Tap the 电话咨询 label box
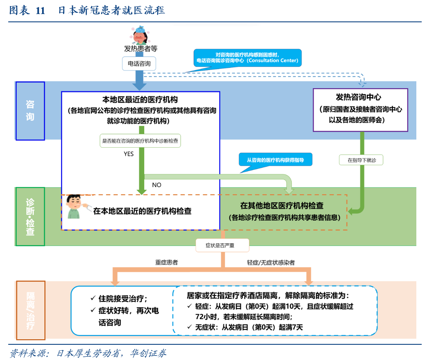point(139,64)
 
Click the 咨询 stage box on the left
point(30,111)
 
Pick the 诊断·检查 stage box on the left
point(30,216)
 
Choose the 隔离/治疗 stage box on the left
point(31,310)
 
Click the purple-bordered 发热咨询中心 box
point(360,109)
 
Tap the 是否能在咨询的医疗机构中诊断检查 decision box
point(140,141)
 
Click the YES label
point(129,154)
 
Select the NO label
point(157,185)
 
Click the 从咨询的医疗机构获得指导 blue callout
point(275,160)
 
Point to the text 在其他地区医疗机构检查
point(282,205)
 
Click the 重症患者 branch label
point(167,262)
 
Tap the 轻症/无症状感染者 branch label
point(271,262)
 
